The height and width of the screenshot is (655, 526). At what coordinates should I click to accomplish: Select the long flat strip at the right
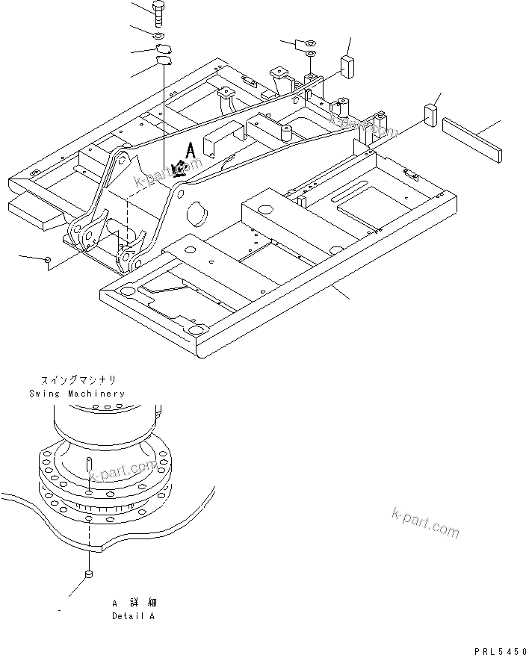coord(471,139)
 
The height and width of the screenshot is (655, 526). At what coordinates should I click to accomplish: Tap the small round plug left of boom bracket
coord(48,259)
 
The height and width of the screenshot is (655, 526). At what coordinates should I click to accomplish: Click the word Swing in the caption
coord(44,393)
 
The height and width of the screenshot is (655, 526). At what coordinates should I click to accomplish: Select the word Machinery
coord(95,393)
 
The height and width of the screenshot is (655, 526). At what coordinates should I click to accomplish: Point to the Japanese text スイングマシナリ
coord(78,380)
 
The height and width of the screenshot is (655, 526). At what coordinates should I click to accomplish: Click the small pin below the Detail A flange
coord(87,574)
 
